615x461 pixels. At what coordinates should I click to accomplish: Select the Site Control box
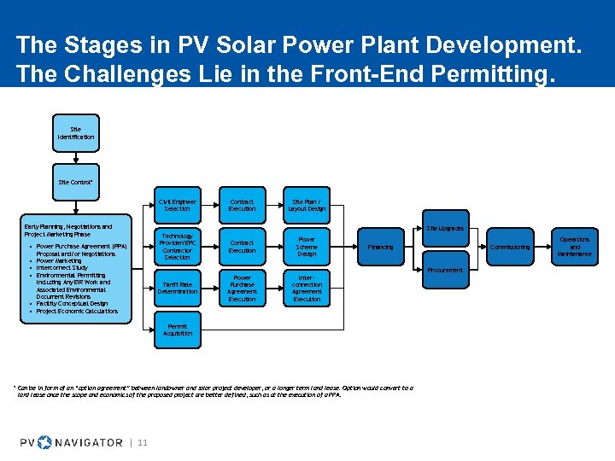pos(76,182)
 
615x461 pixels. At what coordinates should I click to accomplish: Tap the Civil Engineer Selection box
pos(178,205)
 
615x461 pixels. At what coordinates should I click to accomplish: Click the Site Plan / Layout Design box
pos(307,205)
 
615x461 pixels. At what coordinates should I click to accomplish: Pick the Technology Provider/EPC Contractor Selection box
pos(178,247)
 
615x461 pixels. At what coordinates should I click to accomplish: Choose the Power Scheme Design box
pos(307,247)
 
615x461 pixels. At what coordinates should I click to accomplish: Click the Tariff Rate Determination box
pos(178,288)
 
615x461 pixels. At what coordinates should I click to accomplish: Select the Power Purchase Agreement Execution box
pos(242,288)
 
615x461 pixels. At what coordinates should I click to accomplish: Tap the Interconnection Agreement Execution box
pos(307,288)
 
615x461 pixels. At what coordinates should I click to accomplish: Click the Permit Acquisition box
pos(178,330)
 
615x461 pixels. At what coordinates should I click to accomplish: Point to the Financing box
pos(381,247)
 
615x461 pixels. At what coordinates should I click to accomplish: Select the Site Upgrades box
pos(445,229)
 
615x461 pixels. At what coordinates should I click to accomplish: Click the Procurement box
pos(445,270)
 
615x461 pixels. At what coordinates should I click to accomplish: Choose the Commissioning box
pos(510,247)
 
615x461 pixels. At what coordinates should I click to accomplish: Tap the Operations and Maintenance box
pos(575,247)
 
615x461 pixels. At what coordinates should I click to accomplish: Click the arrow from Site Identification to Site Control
pos(76,158)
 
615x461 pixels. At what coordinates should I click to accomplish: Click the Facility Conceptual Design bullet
pos(72,303)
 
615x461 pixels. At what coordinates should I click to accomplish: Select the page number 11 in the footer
pos(143,442)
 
